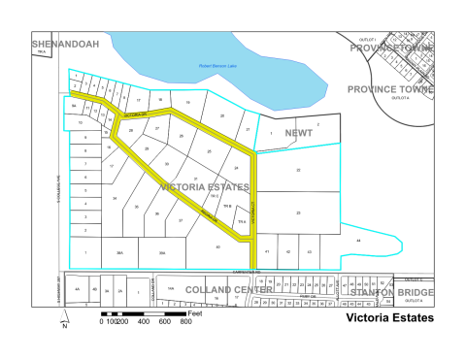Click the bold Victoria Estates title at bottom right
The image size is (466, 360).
390,317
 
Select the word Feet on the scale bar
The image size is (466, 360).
194,313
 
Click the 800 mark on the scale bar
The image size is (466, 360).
184,321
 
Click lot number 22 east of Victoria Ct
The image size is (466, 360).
298,170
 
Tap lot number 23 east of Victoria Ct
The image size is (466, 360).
298,212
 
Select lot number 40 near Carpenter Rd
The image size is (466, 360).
217,247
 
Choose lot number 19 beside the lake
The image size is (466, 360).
186,102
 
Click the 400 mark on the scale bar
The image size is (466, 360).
143,321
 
